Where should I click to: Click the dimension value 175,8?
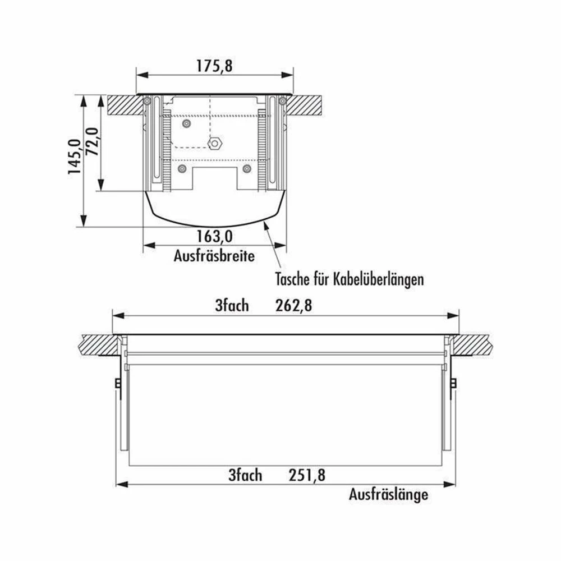click(x=213, y=66)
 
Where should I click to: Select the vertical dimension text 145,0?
click(x=75, y=157)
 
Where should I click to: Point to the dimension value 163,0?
click(x=214, y=236)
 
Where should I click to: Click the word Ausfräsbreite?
click(x=214, y=256)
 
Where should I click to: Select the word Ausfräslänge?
click(x=388, y=495)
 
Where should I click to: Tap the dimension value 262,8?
click(x=294, y=306)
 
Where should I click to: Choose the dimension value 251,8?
click(x=307, y=475)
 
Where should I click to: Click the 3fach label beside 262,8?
click(x=232, y=306)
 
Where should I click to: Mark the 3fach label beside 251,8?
click(x=245, y=475)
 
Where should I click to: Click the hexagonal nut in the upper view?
click(x=213, y=143)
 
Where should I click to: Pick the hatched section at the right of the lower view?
click(x=475, y=344)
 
